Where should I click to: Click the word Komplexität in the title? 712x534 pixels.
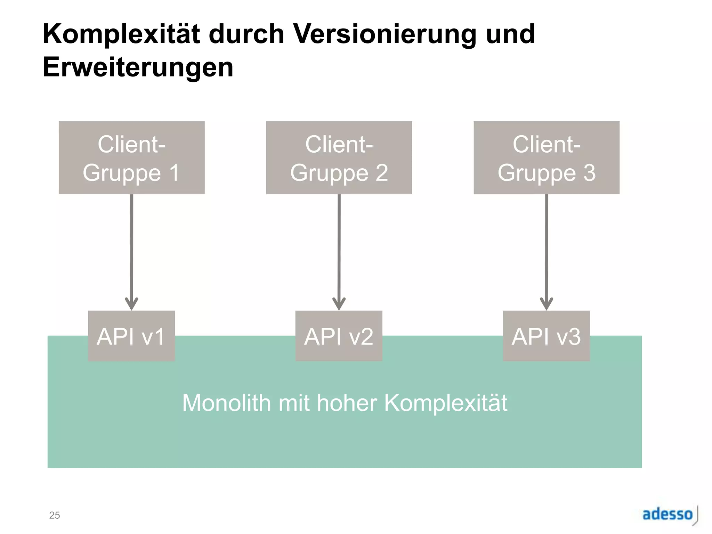[x=121, y=34]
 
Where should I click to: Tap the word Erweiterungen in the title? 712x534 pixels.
[x=138, y=67]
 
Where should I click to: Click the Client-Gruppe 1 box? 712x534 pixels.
[x=131, y=157]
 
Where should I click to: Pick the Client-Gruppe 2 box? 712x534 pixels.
[x=339, y=157]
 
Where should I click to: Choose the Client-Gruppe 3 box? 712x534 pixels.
[x=546, y=157]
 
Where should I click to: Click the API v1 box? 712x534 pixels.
[x=131, y=336]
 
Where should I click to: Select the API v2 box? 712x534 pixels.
[x=339, y=336]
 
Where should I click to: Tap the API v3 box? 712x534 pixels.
[x=546, y=336]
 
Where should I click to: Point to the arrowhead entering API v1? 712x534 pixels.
[x=131, y=304]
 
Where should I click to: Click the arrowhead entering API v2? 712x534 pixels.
[x=339, y=304]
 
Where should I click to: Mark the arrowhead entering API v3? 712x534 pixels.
[x=546, y=304]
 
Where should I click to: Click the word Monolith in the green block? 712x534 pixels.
[x=226, y=403]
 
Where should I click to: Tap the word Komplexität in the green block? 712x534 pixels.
[x=446, y=403]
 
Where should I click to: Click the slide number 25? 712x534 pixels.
[x=55, y=515]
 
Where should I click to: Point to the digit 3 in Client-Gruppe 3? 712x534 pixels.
[x=589, y=172]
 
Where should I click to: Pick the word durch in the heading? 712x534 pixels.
[x=246, y=34]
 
